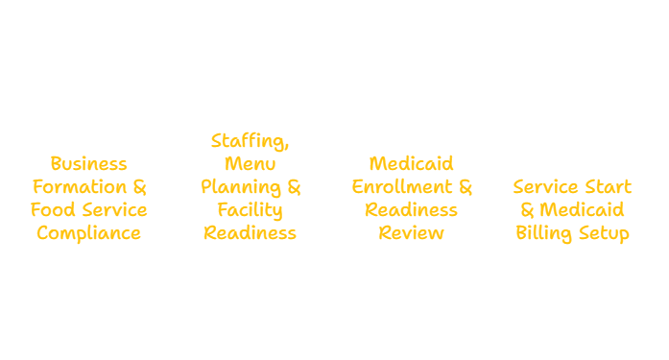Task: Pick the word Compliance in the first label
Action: point(88,233)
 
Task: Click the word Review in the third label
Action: point(412,233)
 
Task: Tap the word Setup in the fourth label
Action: point(606,233)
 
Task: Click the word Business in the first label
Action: point(88,164)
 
